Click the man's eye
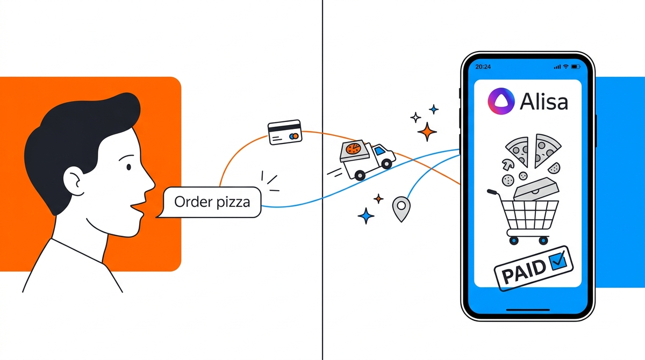[x=128, y=168]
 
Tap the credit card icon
[x=285, y=132]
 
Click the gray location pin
[x=400, y=208]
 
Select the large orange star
[x=427, y=131]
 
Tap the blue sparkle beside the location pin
[x=366, y=216]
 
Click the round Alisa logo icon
[x=500, y=100]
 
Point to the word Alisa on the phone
[x=544, y=101]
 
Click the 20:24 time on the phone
[x=483, y=67]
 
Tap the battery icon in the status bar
[x=576, y=67]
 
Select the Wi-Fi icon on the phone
[x=565, y=67]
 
